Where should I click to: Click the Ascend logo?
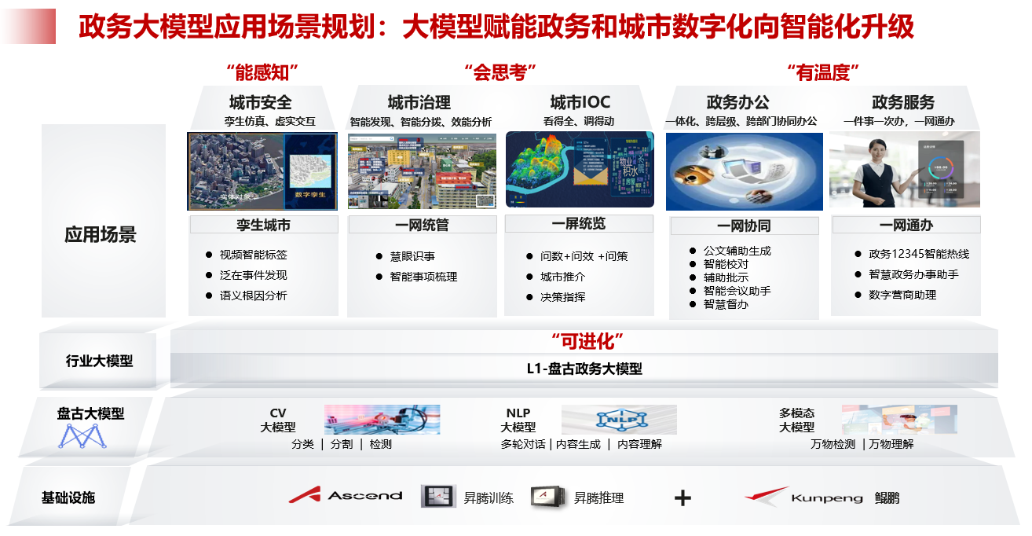(346, 495)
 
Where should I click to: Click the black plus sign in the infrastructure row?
(683, 497)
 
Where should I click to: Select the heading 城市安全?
(261, 103)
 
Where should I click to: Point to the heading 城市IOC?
(580, 103)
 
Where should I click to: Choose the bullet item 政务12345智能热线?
(919, 254)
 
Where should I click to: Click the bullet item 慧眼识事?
(412, 256)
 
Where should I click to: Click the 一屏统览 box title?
(579, 224)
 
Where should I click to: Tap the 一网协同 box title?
(744, 226)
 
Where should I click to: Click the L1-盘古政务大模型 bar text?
(584, 369)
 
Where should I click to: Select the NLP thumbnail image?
(619, 420)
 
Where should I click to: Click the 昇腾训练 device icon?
(438, 496)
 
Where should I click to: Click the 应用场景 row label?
(101, 234)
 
